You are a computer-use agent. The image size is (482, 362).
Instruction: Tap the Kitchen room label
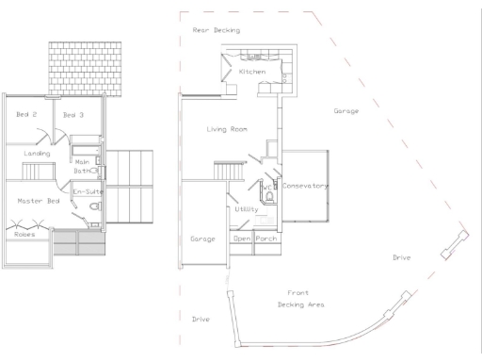(251, 73)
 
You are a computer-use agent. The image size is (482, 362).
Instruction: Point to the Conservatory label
(305, 187)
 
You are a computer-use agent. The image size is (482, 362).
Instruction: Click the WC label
(268, 188)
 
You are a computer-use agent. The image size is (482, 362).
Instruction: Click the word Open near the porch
(242, 239)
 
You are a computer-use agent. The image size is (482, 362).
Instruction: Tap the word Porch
(266, 239)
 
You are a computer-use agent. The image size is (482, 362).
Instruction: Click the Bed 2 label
(26, 115)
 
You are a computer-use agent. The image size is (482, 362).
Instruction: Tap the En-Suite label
(87, 192)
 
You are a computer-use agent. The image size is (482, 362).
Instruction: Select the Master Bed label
(39, 201)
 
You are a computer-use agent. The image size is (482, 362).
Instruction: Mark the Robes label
(24, 234)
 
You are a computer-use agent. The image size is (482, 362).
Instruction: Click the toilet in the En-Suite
(93, 207)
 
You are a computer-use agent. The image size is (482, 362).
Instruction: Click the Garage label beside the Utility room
(203, 239)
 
